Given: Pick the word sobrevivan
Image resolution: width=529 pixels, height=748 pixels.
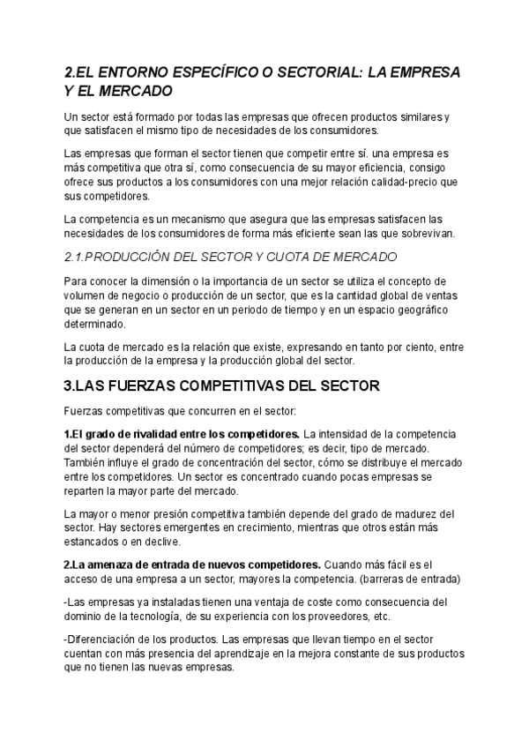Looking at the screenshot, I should click(x=427, y=233).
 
